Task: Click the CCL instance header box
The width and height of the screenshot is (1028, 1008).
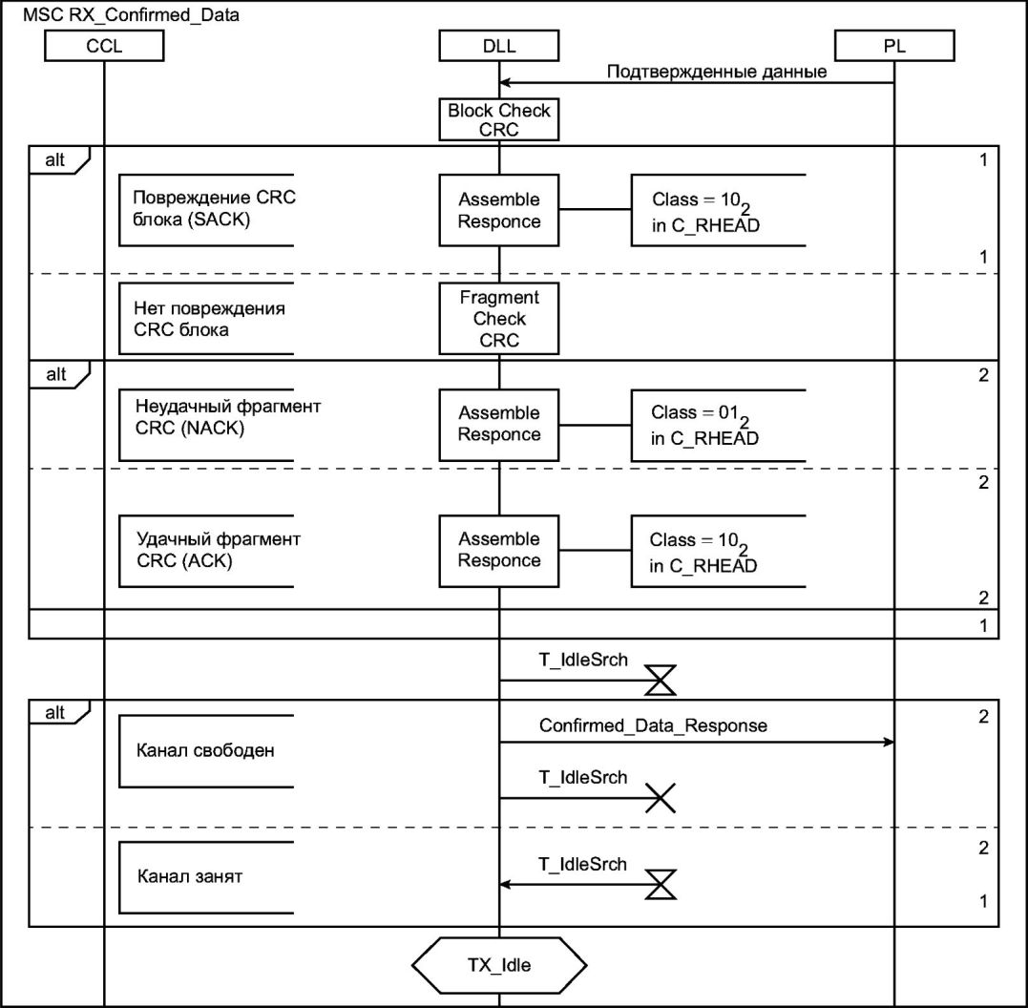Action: click(x=103, y=45)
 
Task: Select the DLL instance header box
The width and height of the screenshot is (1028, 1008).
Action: click(x=498, y=45)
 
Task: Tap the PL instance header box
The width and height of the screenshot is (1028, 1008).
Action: click(x=893, y=45)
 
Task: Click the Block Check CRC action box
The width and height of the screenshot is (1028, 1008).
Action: click(x=498, y=119)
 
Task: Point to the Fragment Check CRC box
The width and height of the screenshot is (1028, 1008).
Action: click(x=498, y=319)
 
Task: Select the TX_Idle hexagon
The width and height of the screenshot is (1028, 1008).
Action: click(x=498, y=964)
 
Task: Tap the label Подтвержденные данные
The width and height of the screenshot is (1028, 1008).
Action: click(x=717, y=72)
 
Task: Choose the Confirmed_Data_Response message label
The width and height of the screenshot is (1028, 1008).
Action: click(x=653, y=725)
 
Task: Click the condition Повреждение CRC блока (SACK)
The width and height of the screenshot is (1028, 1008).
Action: click(x=206, y=210)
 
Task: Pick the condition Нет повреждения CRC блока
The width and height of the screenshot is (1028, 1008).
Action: click(x=206, y=320)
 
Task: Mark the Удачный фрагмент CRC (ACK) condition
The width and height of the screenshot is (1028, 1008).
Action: click(x=206, y=551)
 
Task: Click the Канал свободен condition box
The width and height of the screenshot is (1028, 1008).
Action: click(x=206, y=750)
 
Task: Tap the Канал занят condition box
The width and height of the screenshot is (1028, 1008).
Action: click(x=206, y=876)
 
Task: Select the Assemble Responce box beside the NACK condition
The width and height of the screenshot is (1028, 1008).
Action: click(x=498, y=424)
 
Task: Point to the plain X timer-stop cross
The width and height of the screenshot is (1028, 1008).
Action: click(x=661, y=798)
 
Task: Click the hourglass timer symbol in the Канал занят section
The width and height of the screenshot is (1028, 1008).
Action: click(x=661, y=885)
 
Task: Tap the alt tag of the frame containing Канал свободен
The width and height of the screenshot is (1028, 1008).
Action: click(x=56, y=713)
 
